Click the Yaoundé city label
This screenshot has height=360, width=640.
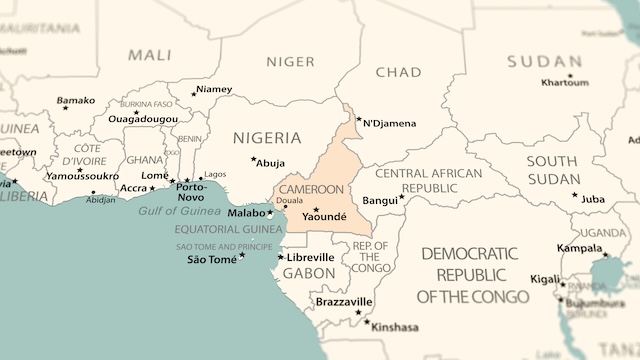[324, 216]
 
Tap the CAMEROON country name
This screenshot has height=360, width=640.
[311, 189]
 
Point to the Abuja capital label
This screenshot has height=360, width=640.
[271, 163]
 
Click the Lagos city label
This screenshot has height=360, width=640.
[215, 174]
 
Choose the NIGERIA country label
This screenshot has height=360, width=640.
[266, 137]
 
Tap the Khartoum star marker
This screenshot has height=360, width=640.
[571, 76]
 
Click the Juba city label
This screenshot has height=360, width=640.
[593, 199]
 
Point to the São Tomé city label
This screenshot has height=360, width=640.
[212, 260]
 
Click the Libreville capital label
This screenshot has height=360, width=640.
[310, 257]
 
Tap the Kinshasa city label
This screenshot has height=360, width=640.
[395, 327]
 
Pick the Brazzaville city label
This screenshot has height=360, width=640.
[343, 301]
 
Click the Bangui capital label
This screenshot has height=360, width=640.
[380, 201]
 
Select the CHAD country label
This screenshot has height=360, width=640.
[398, 72]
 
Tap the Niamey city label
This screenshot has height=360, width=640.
[214, 89]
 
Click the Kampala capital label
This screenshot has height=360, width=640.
[580, 248]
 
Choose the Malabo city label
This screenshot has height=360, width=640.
[246, 213]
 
